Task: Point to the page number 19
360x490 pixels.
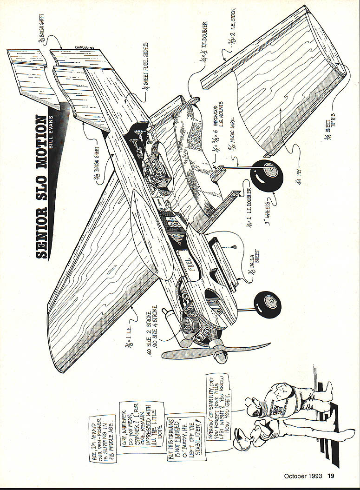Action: pos(330,476)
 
